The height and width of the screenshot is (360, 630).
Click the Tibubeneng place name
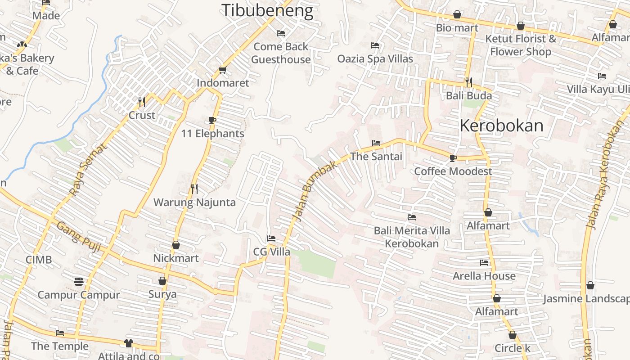coord(267,10)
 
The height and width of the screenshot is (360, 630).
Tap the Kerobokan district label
coord(501,126)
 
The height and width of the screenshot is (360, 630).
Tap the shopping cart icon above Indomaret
coord(222,70)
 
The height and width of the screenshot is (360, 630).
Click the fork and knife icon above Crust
coord(142,102)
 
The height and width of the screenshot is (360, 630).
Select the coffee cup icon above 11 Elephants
coord(212,120)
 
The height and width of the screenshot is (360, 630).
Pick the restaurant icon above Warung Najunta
coord(194,189)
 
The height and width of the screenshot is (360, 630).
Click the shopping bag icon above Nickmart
coord(176,245)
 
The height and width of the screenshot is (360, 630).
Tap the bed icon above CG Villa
coord(271,238)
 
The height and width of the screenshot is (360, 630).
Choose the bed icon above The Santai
coord(376,143)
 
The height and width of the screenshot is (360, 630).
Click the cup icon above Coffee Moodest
coord(453,158)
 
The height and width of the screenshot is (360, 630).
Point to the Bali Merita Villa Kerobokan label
coord(412,237)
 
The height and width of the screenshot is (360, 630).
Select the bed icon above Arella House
coord(484,262)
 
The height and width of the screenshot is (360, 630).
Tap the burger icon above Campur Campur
coord(79,282)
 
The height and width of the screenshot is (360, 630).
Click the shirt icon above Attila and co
coord(129,343)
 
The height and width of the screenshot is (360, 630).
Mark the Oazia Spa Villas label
coord(375,58)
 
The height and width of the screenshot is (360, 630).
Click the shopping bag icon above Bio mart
coord(457,14)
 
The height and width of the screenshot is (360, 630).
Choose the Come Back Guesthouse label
coord(281,53)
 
